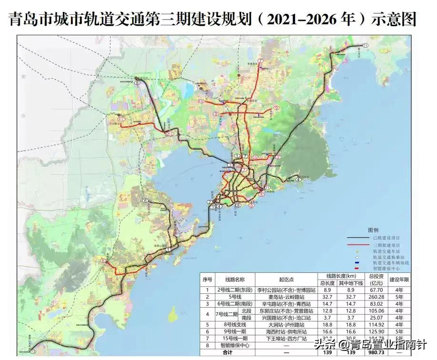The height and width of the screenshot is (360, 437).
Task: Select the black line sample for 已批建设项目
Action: [359, 238]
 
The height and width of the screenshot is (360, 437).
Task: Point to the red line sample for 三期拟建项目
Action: [359, 244]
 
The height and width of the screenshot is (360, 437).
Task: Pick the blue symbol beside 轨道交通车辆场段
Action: [357, 263]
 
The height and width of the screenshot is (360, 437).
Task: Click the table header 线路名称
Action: [235, 280]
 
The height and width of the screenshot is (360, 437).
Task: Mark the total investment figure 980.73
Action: [376, 352]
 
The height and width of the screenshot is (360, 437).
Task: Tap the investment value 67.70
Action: [376, 290]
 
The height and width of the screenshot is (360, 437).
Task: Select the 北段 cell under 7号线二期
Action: [246, 310]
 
